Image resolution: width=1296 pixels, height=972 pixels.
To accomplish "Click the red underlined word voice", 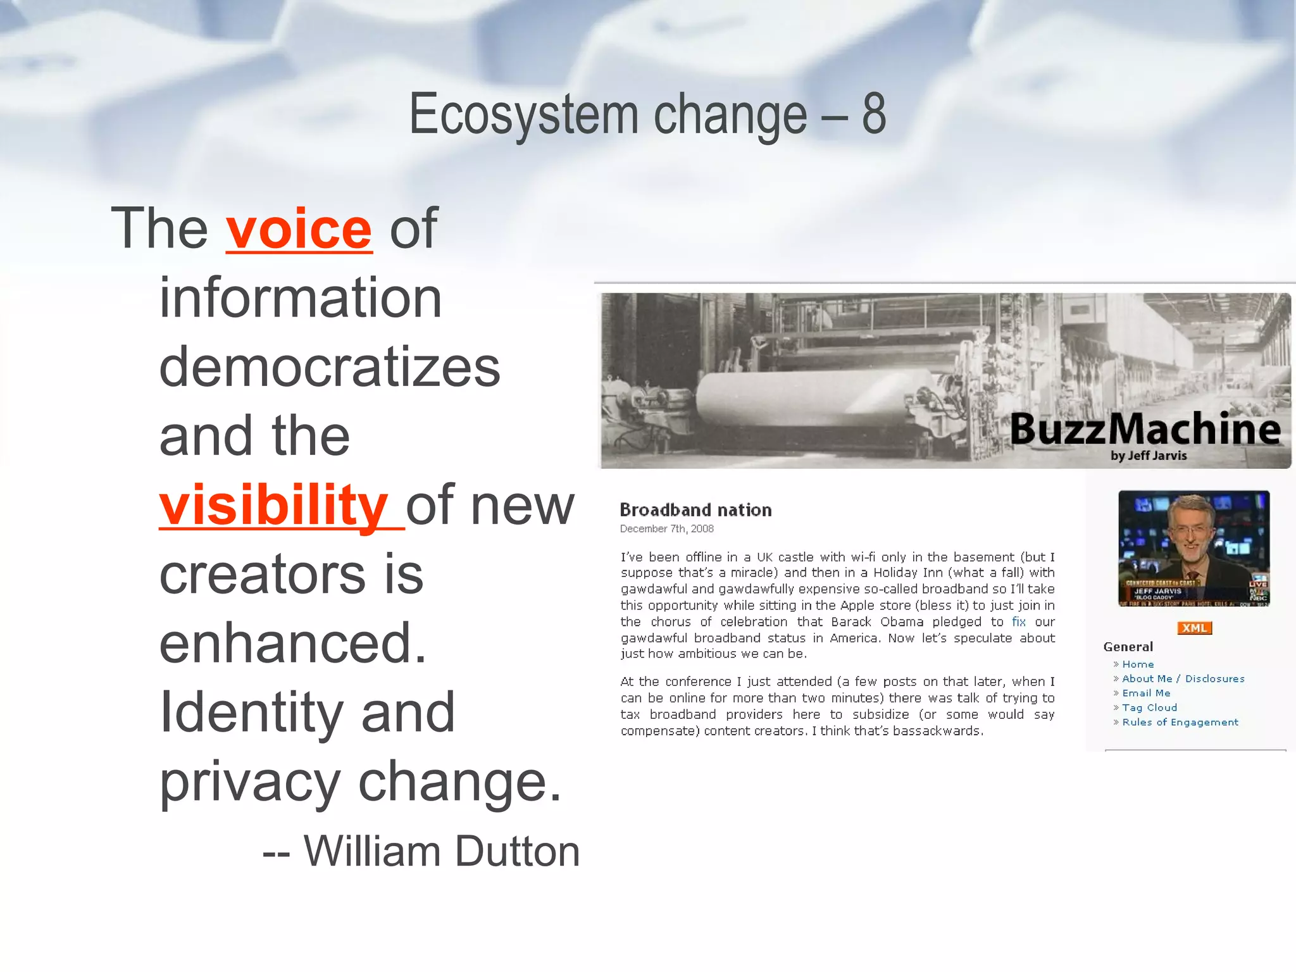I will pos(299,229).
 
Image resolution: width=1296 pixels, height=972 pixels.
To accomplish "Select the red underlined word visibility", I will pos(273,505).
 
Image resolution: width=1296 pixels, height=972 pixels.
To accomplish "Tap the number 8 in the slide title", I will pos(873,114).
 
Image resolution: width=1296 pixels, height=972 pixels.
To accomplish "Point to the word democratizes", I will pos(330,367).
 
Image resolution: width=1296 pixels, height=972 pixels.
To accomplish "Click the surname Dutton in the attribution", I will pos(517,851).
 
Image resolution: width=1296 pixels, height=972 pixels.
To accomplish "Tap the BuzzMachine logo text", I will pos(1145,429).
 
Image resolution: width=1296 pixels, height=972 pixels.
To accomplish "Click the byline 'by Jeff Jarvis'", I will pos(1149,456).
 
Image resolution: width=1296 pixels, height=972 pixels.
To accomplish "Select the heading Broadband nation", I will pos(695,510).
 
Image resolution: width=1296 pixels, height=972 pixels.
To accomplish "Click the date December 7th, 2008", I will pos(666,529).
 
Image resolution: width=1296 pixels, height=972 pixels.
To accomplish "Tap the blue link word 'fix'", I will pos(1018,621).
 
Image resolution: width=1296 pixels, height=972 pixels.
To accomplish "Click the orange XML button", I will pos(1194,628).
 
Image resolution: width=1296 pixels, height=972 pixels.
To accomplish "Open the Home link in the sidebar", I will pos(1138,664).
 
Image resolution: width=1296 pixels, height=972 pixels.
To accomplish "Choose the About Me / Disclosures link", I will pos(1183,679).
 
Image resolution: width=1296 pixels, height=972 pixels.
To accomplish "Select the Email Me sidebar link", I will pos(1146,694).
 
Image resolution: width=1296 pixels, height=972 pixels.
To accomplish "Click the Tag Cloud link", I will pos(1149,708).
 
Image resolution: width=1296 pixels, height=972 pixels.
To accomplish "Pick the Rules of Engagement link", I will pos(1180,723).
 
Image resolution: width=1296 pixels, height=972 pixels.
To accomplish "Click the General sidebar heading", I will pos(1128,647).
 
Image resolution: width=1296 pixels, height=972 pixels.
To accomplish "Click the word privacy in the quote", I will pos(250,782).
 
